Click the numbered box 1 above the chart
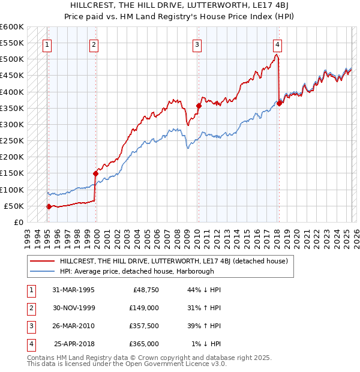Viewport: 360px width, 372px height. [47, 43]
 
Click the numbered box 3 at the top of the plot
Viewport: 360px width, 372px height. [197, 43]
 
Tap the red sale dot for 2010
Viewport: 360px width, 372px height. [198, 106]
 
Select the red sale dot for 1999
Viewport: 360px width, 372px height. [95, 174]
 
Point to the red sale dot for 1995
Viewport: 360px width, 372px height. [49, 206]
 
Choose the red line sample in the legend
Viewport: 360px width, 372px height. [42, 261]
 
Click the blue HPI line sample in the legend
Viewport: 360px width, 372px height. [42, 271]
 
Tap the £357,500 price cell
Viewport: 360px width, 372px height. [143, 326]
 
